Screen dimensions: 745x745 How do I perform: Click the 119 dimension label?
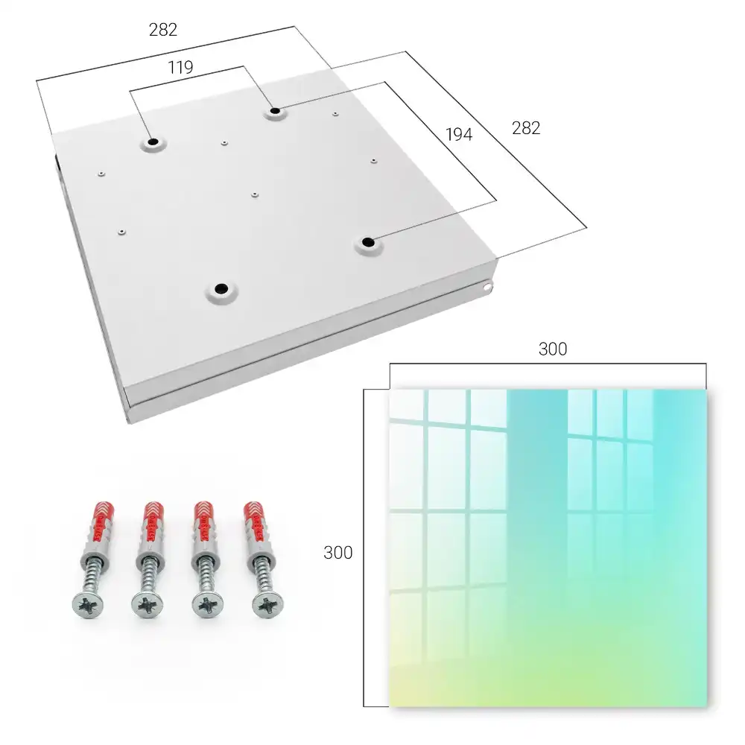tap(180, 68)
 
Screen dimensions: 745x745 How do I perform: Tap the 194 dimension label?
tap(459, 135)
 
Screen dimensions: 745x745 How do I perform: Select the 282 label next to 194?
tap(526, 128)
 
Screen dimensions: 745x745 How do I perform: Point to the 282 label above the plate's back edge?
tap(163, 30)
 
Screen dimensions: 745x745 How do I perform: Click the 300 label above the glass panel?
tap(553, 349)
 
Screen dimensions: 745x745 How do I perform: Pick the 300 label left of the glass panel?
tap(337, 553)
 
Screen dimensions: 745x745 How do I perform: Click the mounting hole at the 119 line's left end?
tap(153, 142)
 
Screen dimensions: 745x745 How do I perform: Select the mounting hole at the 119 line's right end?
tap(275, 112)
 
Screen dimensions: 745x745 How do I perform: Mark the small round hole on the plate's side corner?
tap(486, 287)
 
